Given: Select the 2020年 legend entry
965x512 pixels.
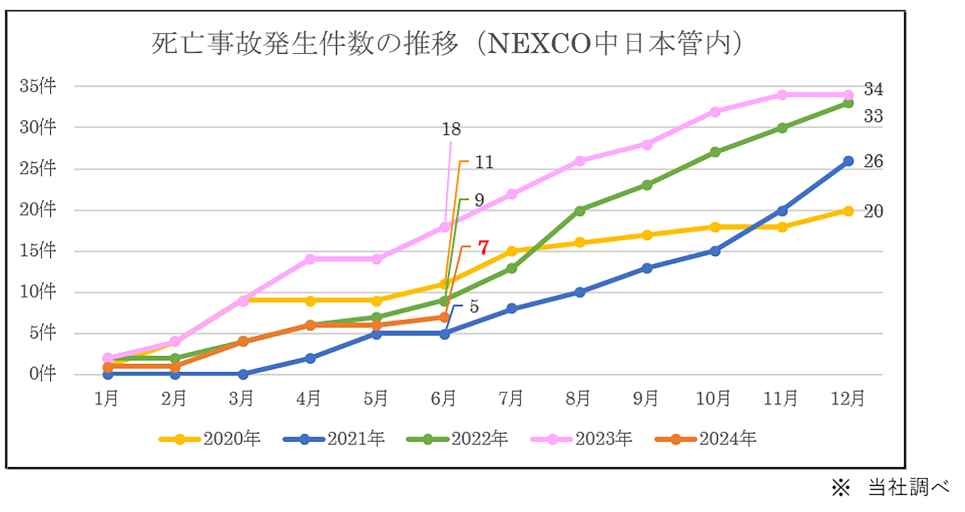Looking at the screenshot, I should (x=210, y=439).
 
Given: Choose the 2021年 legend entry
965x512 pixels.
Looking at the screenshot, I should (x=334, y=439).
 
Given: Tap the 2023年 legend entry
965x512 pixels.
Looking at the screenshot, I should (x=582, y=439).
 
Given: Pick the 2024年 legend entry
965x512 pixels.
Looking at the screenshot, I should (x=706, y=439).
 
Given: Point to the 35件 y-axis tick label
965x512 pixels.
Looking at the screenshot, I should (x=38, y=86).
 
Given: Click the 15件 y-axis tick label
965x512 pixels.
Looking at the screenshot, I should (x=38, y=250).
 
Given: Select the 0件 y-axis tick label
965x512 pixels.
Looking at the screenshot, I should (x=42, y=374).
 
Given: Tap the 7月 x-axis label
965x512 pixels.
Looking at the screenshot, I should (x=511, y=399).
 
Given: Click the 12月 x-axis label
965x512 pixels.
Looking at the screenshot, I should (x=847, y=399).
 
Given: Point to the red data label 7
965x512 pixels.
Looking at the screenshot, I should (x=483, y=247).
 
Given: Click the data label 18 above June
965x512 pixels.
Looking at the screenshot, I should (x=451, y=130).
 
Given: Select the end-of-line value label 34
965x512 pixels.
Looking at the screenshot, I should (x=873, y=89).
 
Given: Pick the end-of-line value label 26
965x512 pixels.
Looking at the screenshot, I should (x=873, y=161).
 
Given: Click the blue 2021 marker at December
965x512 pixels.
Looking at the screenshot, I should (x=848, y=161).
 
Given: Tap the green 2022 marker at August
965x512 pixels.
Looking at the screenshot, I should (x=580, y=211).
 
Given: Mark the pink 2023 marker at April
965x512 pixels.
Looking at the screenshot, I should (x=310, y=259).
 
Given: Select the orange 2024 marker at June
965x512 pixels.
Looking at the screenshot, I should (x=444, y=318).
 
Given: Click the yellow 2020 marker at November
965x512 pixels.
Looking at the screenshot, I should (x=782, y=227).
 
